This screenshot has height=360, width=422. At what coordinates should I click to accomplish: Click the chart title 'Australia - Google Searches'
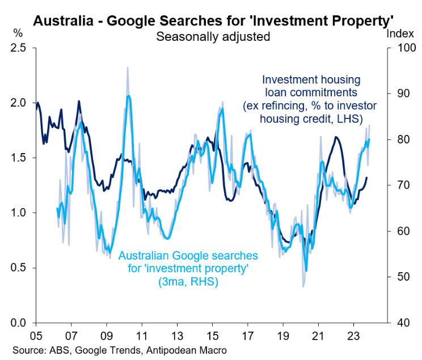click(213, 20)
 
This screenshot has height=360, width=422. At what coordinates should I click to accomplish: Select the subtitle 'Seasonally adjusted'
click(213, 37)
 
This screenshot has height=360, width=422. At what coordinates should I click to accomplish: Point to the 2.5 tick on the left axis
click(19, 48)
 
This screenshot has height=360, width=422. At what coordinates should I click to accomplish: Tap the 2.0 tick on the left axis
click(19, 103)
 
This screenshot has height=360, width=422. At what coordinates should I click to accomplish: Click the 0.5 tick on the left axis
click(19, 268)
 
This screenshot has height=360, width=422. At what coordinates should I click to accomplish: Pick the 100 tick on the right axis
click(402, 48)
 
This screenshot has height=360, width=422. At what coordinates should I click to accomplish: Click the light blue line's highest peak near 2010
click(129, 96)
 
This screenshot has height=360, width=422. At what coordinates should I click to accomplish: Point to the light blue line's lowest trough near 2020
click(306, 271)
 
